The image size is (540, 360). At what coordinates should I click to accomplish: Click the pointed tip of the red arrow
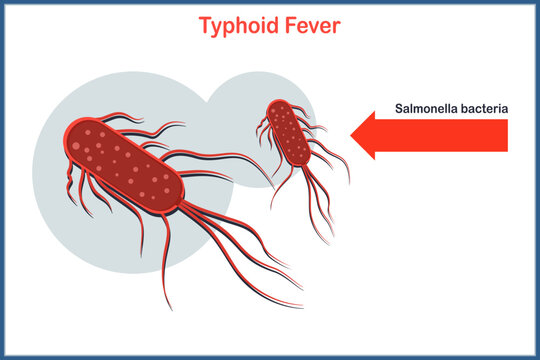pos(352,135)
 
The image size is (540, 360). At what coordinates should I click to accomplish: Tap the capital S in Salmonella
pos(399,108)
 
